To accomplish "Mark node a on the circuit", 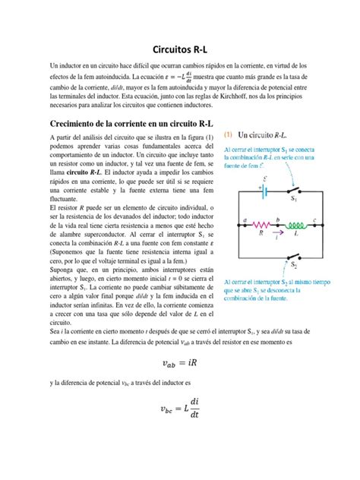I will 243,219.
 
